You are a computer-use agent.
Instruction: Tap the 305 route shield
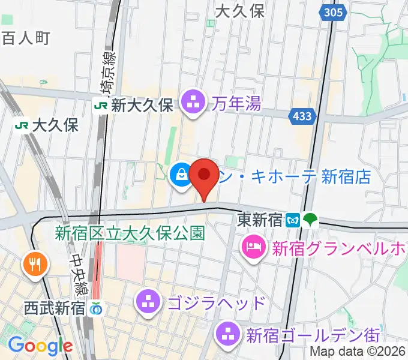(332, 13)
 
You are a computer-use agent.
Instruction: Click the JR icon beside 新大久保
(100, 105)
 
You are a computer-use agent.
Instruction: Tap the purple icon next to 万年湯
(193, 103)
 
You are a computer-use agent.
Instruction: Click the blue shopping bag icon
(180, 175)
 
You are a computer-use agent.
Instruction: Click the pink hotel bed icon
(253, 247)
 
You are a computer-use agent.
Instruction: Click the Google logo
(40, 346)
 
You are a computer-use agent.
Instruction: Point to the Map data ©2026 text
(358, 353)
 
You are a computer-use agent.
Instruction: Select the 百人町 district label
(26, 38)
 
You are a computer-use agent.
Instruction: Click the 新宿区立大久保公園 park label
(131, 233)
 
